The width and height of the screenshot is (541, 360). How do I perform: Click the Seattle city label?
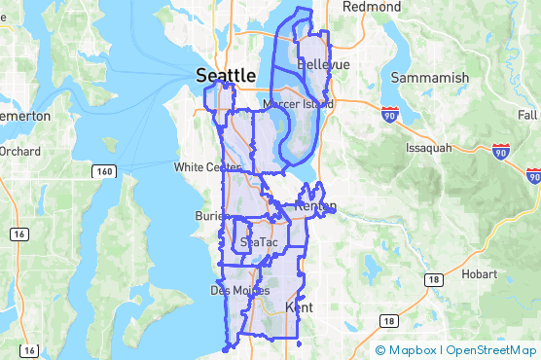coord(226,75)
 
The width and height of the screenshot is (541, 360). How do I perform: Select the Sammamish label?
coord(428,76)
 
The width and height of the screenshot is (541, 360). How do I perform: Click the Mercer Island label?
coord(299,103)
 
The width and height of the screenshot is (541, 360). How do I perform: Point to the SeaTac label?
coord(258,241)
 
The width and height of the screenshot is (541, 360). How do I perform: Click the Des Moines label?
coord(234,290)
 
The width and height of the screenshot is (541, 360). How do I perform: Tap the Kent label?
coord(298,307)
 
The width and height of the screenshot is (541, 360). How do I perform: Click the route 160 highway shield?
coord(104,171)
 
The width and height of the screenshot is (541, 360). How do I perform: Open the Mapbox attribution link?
coord(408,350)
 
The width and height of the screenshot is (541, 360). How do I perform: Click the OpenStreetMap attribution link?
coord(492,350)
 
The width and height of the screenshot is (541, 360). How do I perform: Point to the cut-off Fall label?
coord(529,115)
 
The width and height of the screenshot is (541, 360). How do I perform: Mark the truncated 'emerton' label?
coord(25,116)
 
